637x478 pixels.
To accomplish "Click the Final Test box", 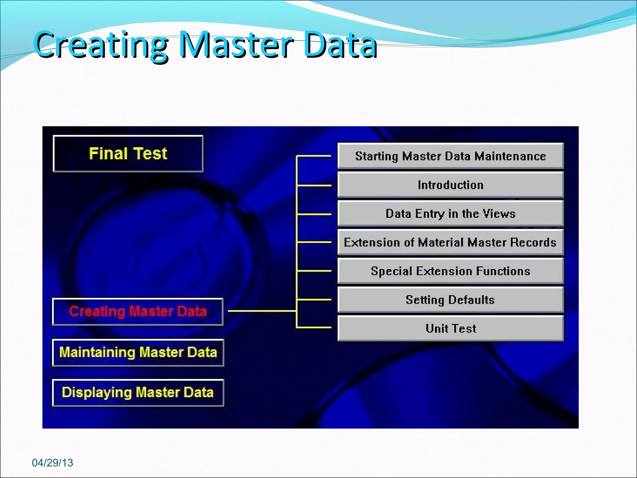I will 128,153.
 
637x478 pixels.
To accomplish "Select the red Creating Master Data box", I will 138,312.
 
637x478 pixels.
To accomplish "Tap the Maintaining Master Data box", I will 138,352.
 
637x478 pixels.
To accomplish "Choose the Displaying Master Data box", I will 138,392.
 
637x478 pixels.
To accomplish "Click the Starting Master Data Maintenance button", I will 450,156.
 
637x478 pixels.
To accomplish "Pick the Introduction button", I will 450,185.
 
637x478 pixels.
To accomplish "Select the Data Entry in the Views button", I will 450,213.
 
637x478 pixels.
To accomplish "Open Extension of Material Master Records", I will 450,242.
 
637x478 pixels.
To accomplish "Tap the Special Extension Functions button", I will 450,271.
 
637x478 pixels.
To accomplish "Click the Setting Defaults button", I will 450,300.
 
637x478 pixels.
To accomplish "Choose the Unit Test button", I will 450,328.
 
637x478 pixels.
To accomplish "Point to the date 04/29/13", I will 52,463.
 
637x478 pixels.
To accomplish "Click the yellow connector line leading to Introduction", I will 314,185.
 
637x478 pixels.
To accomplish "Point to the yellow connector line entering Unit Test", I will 314,327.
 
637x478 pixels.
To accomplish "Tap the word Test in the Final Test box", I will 151,153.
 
